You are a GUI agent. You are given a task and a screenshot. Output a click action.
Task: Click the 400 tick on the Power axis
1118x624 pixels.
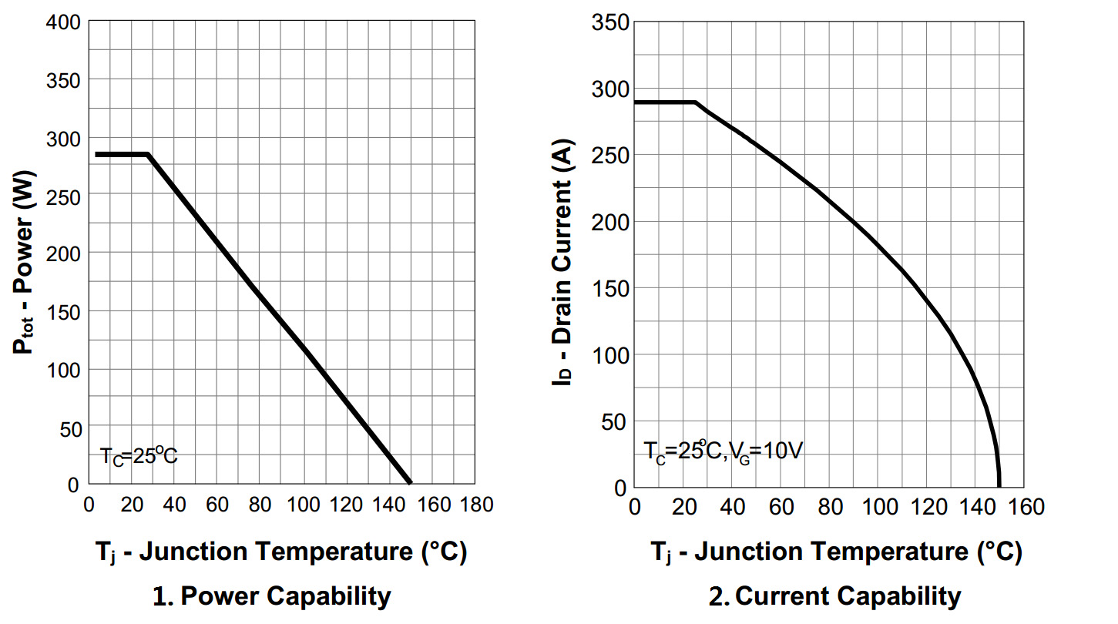click(64, 22)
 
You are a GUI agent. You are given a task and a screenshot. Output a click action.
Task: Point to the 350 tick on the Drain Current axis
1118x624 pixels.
click(609, 22)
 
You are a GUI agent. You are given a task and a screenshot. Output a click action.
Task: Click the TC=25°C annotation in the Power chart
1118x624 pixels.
click(139, 456)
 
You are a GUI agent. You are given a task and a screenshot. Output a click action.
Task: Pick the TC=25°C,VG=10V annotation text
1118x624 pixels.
click(723, 451)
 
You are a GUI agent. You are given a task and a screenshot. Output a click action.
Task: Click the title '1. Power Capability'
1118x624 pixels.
click(272, 595)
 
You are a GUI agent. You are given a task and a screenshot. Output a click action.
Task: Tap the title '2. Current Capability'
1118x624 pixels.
click(835, 595)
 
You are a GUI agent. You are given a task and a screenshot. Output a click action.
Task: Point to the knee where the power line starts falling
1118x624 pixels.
click(147, 155)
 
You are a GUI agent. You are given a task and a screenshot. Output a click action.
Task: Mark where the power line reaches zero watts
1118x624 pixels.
click(410, 484)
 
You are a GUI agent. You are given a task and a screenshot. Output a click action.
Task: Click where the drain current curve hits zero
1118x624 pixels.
click(999, 486)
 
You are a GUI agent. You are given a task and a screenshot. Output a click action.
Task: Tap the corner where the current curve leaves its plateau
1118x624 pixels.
click(696, 102)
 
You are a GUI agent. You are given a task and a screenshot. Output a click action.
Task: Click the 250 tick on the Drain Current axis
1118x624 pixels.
click(609, 156)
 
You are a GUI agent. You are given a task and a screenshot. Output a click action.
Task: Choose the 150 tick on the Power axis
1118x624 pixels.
click(64, 311)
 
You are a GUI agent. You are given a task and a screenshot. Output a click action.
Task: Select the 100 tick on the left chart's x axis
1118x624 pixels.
click(304, 505)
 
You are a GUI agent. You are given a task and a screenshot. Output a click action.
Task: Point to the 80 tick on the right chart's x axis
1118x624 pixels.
click(829, 508)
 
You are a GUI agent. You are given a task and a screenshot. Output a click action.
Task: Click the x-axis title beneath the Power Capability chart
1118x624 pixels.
click(281, 552)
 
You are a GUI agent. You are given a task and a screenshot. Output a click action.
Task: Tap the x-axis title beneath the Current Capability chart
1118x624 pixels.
click(837, 552)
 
